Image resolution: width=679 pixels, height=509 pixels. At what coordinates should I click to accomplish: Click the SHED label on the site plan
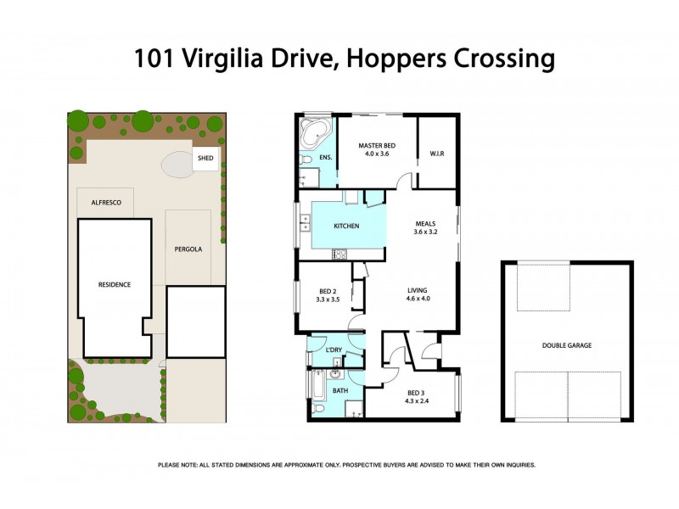point(205,158)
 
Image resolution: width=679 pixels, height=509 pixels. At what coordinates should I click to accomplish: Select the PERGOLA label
point(188,249)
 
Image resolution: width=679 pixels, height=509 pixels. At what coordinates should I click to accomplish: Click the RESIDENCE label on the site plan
point(114,284)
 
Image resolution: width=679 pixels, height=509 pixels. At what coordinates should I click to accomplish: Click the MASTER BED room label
point(379,146)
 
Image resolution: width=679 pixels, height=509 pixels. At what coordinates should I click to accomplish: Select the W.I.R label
point(438,154)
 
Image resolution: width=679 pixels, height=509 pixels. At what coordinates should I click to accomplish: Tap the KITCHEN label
point(346,227)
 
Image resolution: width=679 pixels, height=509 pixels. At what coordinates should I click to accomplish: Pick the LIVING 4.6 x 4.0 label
point(418,294)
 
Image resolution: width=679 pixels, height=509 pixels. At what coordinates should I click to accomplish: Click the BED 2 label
point(328,290)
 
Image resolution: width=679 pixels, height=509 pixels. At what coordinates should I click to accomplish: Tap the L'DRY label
point(334,350)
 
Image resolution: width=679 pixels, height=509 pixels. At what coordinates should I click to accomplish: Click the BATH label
point(340,390)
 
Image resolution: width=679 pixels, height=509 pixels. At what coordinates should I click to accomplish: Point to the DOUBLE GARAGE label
point(566,345)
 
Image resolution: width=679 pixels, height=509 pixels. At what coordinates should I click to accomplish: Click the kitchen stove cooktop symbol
point(340,254)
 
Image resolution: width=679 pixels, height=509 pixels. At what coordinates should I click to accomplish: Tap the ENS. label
point(325,158)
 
